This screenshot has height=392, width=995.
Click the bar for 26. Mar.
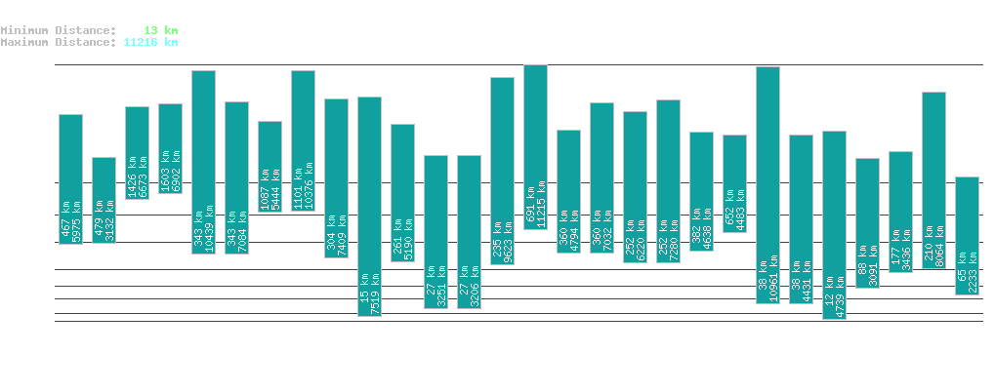click(x=203, y=162)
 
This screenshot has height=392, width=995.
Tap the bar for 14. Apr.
click(x=834, y=224)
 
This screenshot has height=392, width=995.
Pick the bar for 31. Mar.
click(x=369, y=206)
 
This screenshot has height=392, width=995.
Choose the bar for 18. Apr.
click(x=967, y=235)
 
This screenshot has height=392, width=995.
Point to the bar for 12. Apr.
click(x=767, y=184)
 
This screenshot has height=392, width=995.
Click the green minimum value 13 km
click(x=161, y=30)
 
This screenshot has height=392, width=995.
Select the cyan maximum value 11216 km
click(x=150, y=42)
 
